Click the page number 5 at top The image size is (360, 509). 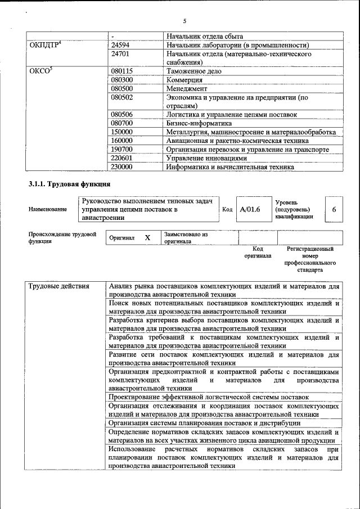[184, 21]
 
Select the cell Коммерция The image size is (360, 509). [184, 80]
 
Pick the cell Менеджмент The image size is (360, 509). [187, 89]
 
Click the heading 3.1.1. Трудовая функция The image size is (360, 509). [69, 185]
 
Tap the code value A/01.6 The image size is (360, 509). [250, 209]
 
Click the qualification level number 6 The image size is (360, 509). [334, 209]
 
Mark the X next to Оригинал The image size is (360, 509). [147, 238]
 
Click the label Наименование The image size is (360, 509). [47, 209]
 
